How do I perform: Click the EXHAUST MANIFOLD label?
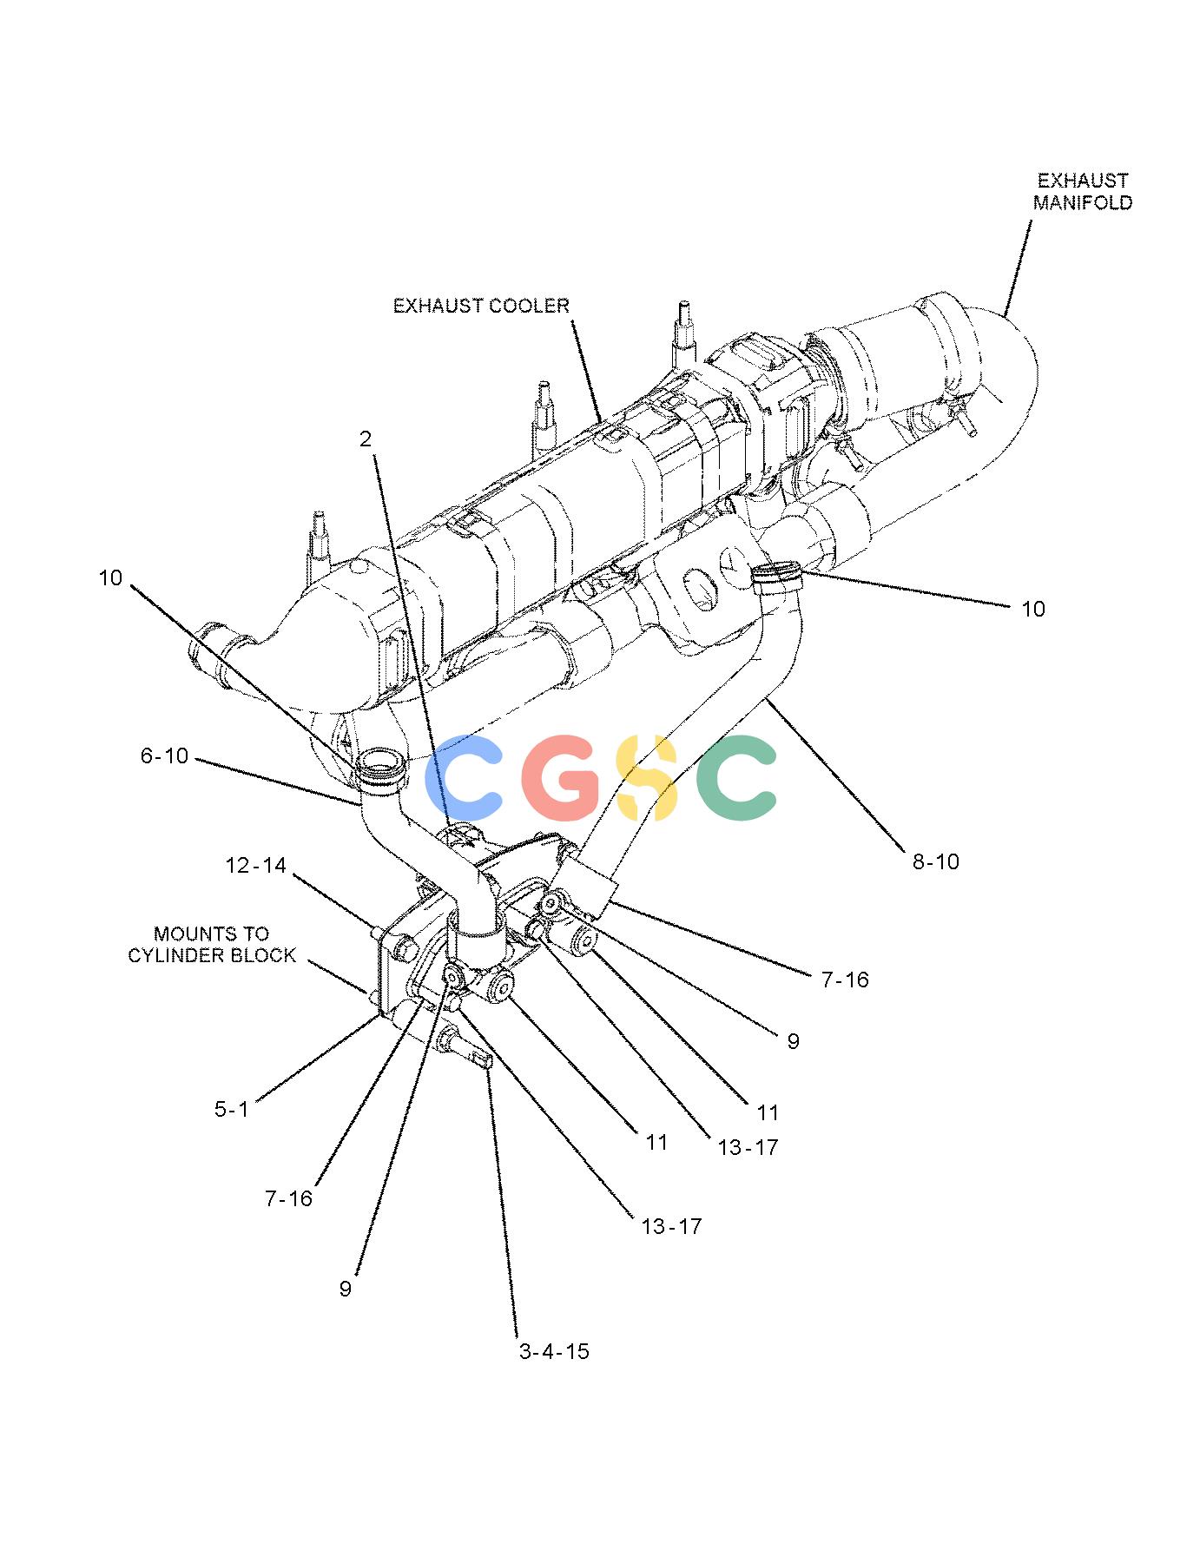pyautogui.click(x=1083, y=192)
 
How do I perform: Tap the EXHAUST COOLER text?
pyautogui.click(x=481, y=306)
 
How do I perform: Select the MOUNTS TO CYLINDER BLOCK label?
pyautogui.click(x=212, y=945)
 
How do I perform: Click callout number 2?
pyautogui.click(x=366, y=439)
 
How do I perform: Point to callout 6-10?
pyautogui.click(x=165, y=756)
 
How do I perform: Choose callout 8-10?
pyautogui.click(x=936, y=862)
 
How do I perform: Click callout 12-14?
pyautogui.click(x=255, y=866)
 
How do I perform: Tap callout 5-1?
pyautogui.click(x=232, y=1110)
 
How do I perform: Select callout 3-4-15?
pyautogui.click(x=554, y=1351)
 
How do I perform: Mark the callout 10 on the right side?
pyautogui.click(x=1033, y=610)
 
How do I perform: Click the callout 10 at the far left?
pyautogui.click(x=110, y=578)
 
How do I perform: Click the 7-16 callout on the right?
pyautogui.click(x=845, y=980)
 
